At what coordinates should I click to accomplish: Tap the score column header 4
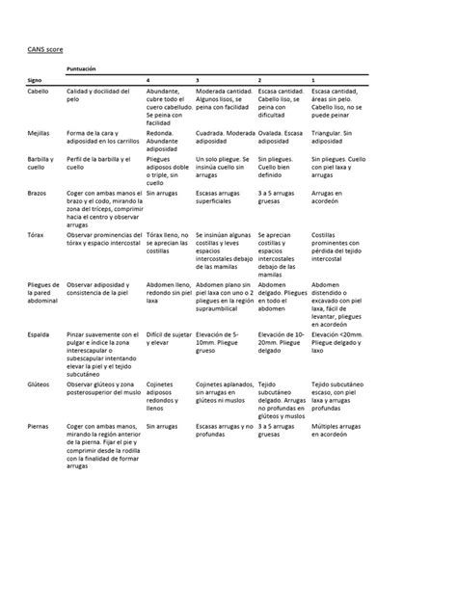click(x=147, y=79)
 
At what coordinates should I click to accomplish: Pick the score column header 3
click(x=197, y=79)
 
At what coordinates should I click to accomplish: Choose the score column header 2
click(x=260, y=79)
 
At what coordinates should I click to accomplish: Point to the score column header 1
click(x=313, y=79)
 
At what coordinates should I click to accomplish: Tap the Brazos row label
click(x=38, y=194)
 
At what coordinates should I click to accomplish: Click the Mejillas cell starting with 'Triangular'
click(x=336, y=136)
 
